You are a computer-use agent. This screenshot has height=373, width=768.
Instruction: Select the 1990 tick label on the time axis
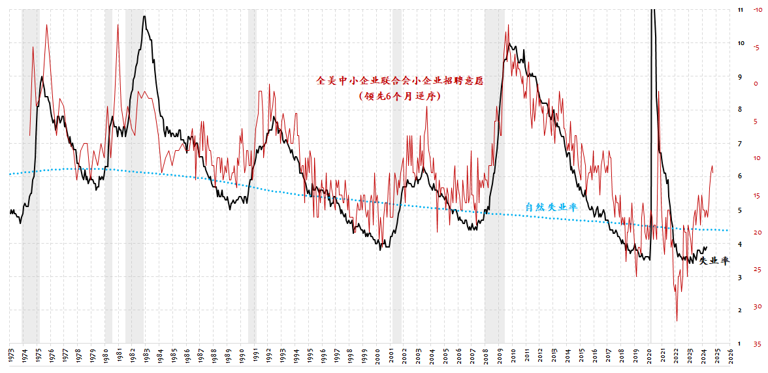pyautogui.click(x=242, y=355)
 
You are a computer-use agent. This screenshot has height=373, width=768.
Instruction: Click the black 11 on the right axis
pyautogui.click(x=740, y=10)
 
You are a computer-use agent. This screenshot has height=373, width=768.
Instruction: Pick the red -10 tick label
pyautogui.click(x=756, y=10)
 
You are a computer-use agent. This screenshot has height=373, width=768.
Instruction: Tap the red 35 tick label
pyautogui.click(x=756, y=344)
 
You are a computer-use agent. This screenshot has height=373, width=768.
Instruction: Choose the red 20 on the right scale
pyautogui.click(x=756, y=233)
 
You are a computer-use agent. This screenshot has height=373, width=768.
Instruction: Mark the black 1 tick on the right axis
pyautogui.click(x=739, y=344)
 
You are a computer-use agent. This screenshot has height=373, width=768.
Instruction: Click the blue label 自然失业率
pyautogui.click(x=551, y=207)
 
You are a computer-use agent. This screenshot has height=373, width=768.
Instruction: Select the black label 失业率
pyautogui.click(x=714, y=261)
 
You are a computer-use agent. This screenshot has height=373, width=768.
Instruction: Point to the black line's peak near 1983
pyautogui.click(x=144, y=16)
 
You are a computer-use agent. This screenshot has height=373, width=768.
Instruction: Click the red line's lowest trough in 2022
pyautogui.click(x=677, y=321)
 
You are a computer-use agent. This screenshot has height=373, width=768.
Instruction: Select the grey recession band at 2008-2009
pyautogui.click(x=494, y=176)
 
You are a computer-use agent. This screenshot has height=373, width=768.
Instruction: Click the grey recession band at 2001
pyautogui.click(x=396, y=176)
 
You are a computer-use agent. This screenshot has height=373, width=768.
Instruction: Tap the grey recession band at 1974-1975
pyautogui.click(x=30, y=176)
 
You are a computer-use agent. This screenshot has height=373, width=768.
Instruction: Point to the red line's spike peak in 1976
pyautogui.click(x=46, y=25)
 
